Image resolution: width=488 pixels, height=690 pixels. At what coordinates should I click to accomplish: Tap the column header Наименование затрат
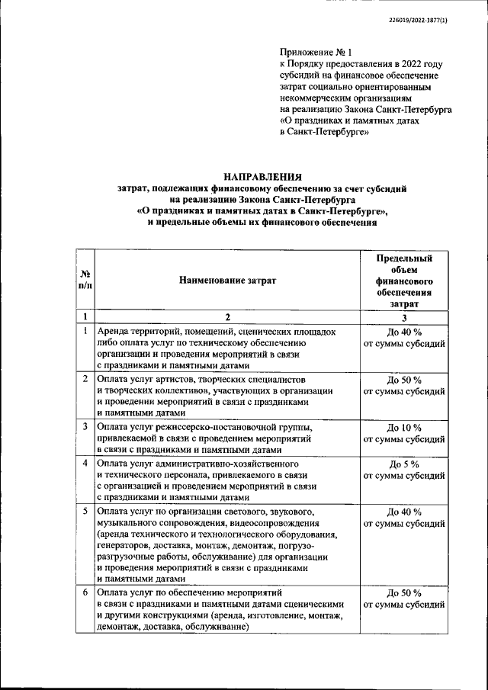pos(227,281)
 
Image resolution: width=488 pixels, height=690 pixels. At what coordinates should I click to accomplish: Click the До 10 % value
pos(404,427)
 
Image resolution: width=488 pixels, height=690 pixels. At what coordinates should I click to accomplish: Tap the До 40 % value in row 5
pos(404,512)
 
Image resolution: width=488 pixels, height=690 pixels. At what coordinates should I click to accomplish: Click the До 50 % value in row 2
pos(404,380)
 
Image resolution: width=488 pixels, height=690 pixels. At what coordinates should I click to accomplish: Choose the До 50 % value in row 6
pos(404,592)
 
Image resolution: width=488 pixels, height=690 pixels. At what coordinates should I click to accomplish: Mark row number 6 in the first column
pos(85,592)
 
